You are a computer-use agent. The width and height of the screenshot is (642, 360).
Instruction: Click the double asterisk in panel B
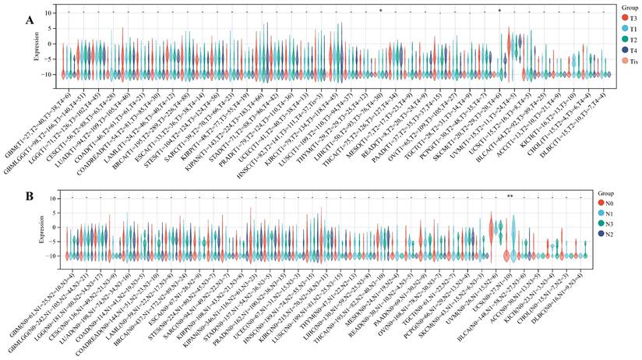coord(510,196)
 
